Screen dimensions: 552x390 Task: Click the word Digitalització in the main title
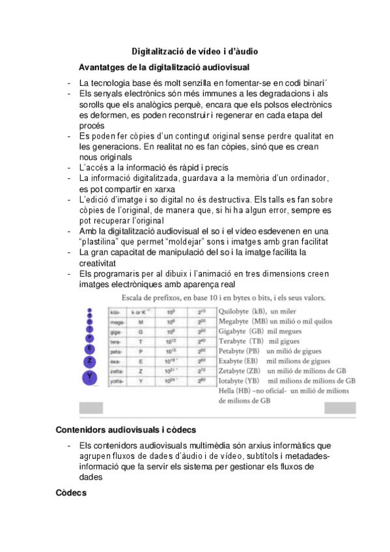[156, 51]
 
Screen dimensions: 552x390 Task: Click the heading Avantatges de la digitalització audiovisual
[164, 67]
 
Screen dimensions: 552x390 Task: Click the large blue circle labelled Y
[91, 376]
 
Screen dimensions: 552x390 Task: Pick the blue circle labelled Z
[91, 361]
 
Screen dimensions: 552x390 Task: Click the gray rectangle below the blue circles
[91, 407]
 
